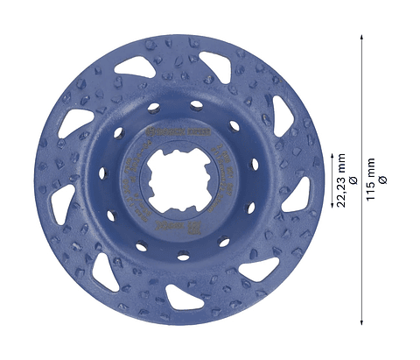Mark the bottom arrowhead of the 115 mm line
click(x=361, y=320)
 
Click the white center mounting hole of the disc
click(x=179, y=180)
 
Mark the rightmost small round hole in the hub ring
click(x=255, y=186)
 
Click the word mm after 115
click(x=371, y=166)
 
